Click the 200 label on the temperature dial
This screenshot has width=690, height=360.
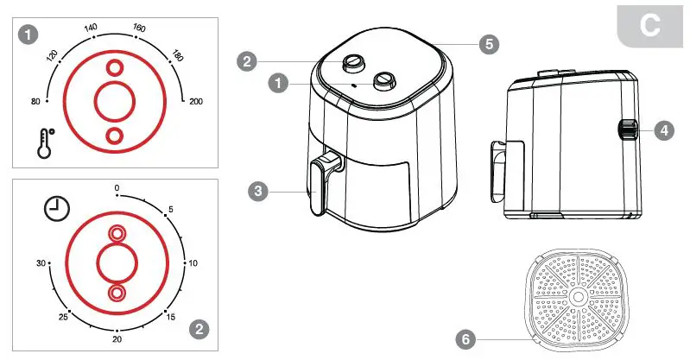tap(196, 102)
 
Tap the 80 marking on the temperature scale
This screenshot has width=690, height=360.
tap(35, 102)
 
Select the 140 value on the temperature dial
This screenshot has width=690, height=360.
tap(90, 28)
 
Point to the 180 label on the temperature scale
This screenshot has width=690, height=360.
tap(177, 54)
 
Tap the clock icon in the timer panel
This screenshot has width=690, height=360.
tap(57, 209)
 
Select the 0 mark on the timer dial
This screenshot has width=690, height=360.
tap(117, 187)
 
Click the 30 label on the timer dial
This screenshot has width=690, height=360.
tap(40, 262)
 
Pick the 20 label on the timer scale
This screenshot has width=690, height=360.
tap(116, 340)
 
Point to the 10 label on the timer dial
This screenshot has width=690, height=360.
tap(193, 262)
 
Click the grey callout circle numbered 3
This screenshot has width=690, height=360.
tap(256, 192)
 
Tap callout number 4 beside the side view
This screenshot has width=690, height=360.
tap(662, 131)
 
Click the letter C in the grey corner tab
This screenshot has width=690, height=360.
tap(649, 24)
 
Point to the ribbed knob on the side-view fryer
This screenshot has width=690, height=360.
tap(626, 131)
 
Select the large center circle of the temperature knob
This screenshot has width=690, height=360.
tap(114, 102)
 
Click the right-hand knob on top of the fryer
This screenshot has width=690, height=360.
tap(384, 81)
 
